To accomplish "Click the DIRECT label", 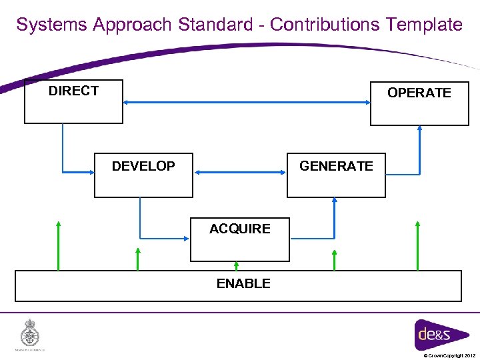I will click(73, 91).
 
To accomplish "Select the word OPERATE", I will click(419, 93).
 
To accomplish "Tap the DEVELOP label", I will click(143, 166).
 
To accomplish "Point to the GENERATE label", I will click(336, 166).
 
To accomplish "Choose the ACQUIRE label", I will click(239, 229).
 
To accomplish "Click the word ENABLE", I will click(243, 283).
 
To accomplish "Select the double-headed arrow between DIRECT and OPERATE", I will click(247, 103).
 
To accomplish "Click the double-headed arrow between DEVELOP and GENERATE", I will click(240, 172).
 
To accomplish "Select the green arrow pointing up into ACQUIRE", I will click(235, 265).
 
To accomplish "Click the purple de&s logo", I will click(433, 333).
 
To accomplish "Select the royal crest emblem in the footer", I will click(29, 333).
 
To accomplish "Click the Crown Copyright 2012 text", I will click(449, 355).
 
